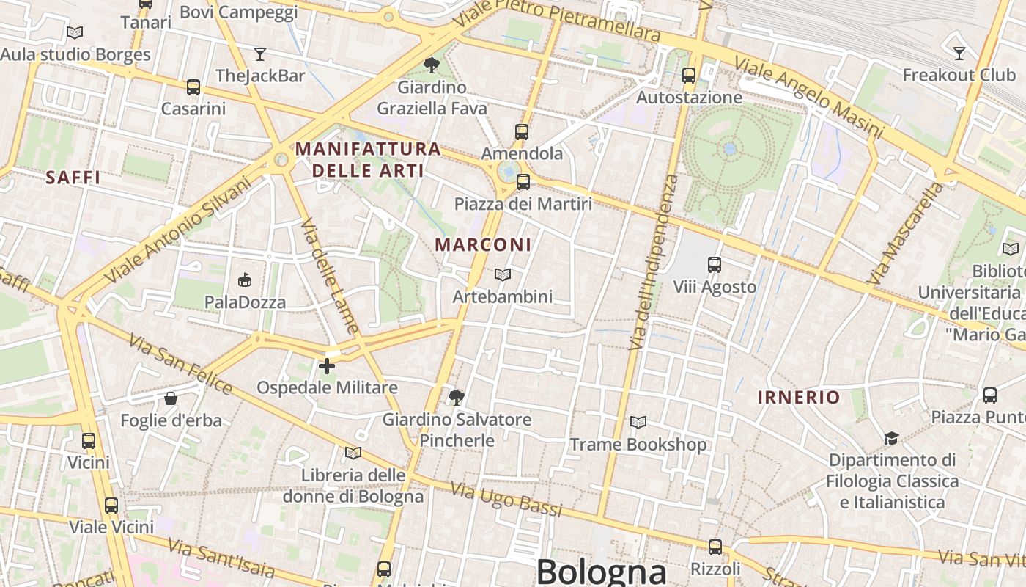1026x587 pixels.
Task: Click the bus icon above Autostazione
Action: (x=688, y=75)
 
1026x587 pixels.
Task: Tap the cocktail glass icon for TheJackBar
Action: (x=259, y=54)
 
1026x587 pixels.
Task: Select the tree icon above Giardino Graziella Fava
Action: (x=432, y=65)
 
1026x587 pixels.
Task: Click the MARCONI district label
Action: (x=484, y=245)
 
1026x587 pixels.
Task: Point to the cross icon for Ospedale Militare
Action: (x=327, y=365)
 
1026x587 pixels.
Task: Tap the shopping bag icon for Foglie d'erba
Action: (x=171, y=398)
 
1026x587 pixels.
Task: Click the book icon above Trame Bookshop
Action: (x=638, y=422)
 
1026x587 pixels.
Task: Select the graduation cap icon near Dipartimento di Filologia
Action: (x=891, y=438)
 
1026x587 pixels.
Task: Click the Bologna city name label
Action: (x=601, y=571)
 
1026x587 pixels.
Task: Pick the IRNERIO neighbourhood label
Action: (x=799, y=398)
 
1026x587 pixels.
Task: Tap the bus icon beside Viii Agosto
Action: (x=714, y=265)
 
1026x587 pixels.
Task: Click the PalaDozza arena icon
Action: (x=245, y=280)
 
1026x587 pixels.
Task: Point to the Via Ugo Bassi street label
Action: (x=506, y=499)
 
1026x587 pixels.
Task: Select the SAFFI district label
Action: (x=73, y=178)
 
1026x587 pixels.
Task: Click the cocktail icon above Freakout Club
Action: (x=959, y=53)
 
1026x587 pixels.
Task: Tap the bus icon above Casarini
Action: (x=193, y=87)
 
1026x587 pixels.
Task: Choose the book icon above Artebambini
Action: (x=503, y=274)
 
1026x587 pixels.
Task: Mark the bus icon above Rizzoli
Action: (x=715, y=547)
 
